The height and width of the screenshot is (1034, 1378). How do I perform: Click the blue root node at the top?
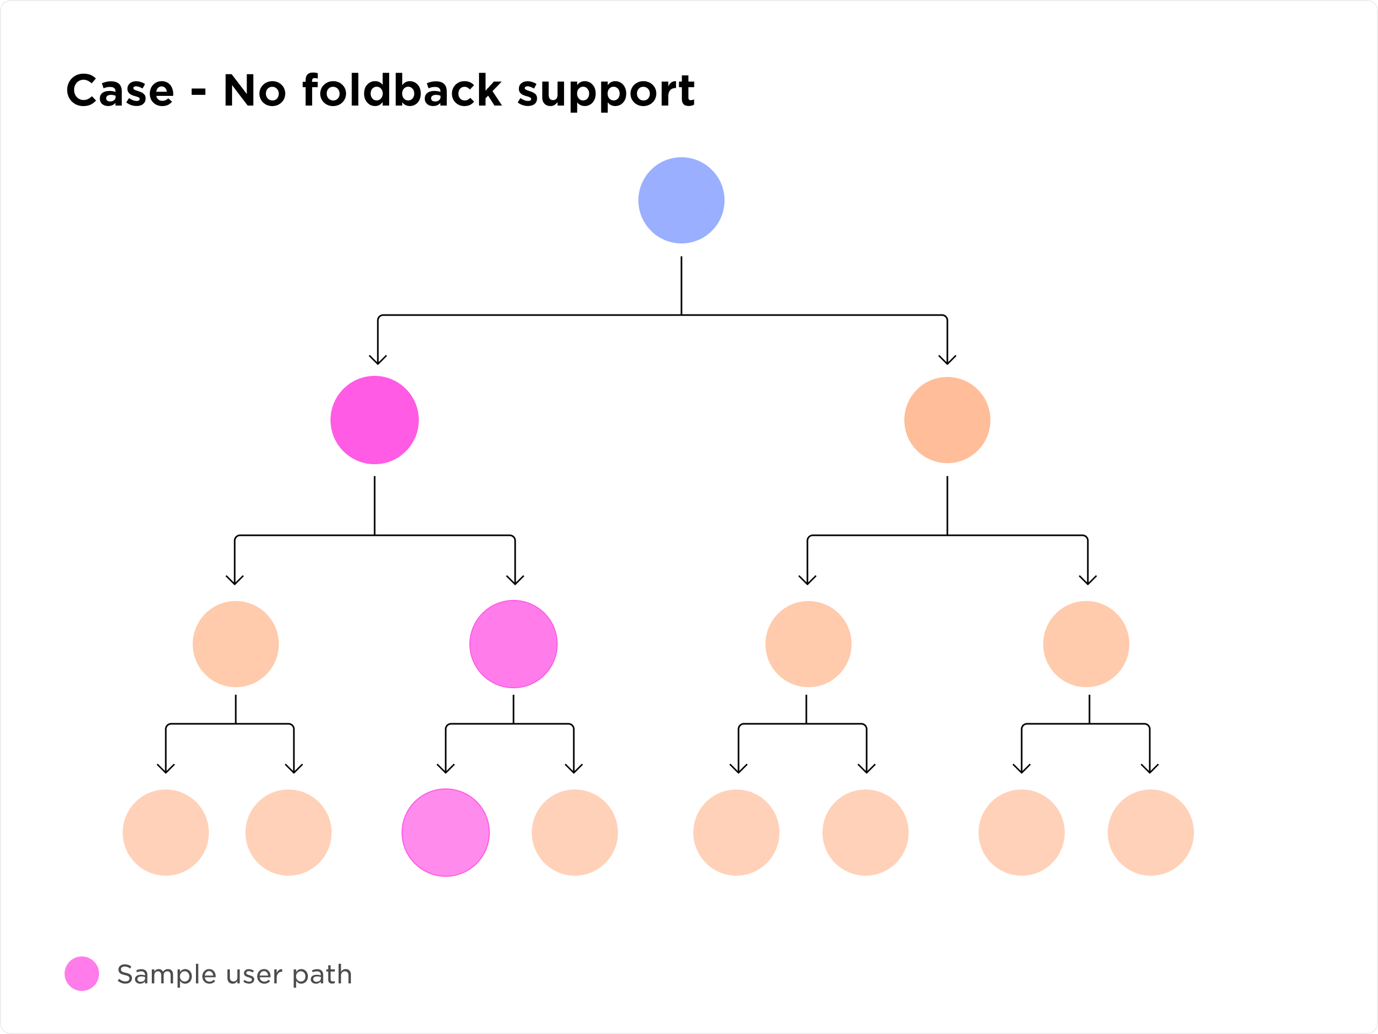point(681,200)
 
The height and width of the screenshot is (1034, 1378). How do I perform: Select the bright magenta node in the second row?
point(375,420)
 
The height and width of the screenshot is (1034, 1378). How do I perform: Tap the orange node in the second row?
point(947,420)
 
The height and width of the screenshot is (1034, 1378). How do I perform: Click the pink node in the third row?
point(514,644)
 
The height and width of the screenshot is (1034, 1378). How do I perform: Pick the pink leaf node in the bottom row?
point(445,833)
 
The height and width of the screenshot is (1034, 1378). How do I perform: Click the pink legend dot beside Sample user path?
point(82,974)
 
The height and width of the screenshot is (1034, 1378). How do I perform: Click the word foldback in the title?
point(402,90)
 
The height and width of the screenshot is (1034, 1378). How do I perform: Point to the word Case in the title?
point(119,91)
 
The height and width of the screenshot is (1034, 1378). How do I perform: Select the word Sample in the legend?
point(166,974)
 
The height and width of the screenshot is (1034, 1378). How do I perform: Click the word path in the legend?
point(322,975)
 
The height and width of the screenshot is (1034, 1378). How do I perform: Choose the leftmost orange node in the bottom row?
point(166,833)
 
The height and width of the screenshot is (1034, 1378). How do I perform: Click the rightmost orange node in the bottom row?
point(1151,833)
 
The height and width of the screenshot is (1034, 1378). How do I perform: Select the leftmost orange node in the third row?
point(235,644)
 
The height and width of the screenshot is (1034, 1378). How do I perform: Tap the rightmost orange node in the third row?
point(1086,644)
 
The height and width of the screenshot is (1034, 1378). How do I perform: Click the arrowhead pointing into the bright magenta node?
point(378,360)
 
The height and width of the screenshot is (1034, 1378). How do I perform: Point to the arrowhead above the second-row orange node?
point(947,360)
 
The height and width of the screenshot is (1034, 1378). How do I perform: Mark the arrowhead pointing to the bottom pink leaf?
point(445,768)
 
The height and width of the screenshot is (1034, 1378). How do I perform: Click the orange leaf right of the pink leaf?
point(574,833)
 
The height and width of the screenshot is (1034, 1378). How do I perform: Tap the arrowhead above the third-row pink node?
point(515,579)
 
